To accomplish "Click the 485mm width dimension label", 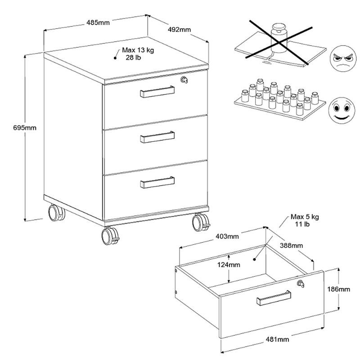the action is tap(98, 23).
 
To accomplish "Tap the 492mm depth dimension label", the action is tap(179, 30).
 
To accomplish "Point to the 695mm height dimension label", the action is tap(25, 128).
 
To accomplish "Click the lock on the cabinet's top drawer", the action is tap(184, 80).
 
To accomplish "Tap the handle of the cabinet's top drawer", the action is tap(157, 92).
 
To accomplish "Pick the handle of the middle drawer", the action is tap(157, 137).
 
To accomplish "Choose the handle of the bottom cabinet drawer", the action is tap(157, 182).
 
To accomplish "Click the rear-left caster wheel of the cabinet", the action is tap(57, 213).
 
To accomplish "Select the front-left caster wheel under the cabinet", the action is tap(110, 236).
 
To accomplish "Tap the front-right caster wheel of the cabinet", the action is tap(201, 222).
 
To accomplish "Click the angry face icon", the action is tap(343, 59).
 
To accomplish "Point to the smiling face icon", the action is tap(342, 110).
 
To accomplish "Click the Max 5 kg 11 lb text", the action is tap(305, 220).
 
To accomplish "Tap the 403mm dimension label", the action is tap(227, 236).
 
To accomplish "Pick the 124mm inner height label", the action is tap(229, 265).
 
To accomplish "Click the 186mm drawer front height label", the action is tap(339, 289).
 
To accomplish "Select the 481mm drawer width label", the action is tap(278, 339).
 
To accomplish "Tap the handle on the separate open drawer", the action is tap(274, 298).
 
